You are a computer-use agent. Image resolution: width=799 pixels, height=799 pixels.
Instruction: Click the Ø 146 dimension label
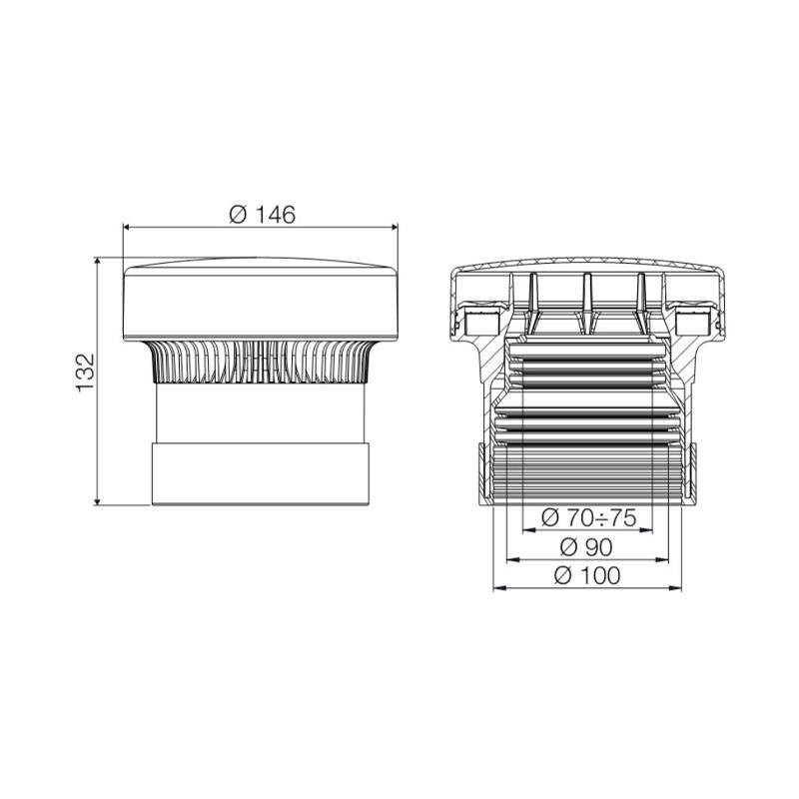click(262, 215)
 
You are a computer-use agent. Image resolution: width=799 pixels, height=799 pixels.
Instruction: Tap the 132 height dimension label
click(86, 373)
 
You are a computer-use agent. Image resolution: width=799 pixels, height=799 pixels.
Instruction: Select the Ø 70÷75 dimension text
click(588, 518)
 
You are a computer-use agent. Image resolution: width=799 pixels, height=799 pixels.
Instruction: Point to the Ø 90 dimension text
click(586, 547)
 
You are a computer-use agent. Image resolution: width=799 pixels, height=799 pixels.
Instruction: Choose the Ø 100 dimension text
click(587, 576)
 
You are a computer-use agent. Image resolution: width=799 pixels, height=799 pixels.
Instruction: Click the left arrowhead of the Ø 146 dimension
click(129, 228)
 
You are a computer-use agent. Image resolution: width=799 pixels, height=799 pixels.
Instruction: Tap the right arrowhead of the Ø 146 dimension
click(392, 228)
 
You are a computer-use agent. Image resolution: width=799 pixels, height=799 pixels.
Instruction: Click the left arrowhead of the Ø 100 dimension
click(499, 588)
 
